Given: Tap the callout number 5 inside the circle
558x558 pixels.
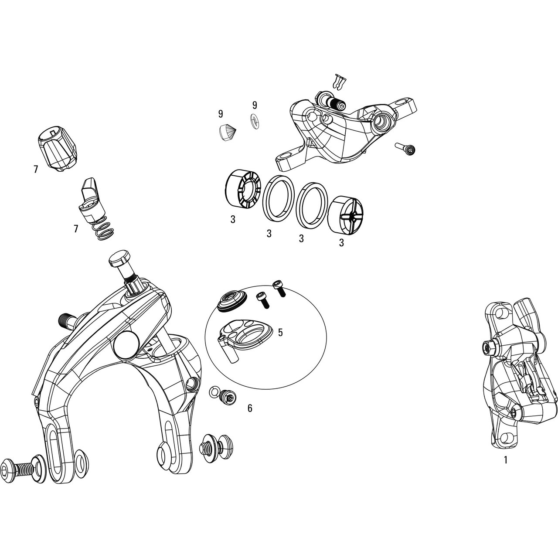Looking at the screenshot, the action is tap(280, 332).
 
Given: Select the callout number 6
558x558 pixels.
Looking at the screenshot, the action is tap(250, 408).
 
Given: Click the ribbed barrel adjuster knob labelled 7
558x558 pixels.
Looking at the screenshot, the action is tap(58, 149).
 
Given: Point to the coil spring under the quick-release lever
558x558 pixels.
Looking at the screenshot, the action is tap(103, 228).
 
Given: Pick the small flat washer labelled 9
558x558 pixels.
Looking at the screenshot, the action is tap(254, 121).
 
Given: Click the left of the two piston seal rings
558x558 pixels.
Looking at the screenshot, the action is tap(278, 198).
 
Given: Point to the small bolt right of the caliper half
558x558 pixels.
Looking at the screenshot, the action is tap(405, 149).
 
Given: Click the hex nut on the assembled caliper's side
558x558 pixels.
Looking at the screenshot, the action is tap(489, 346).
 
